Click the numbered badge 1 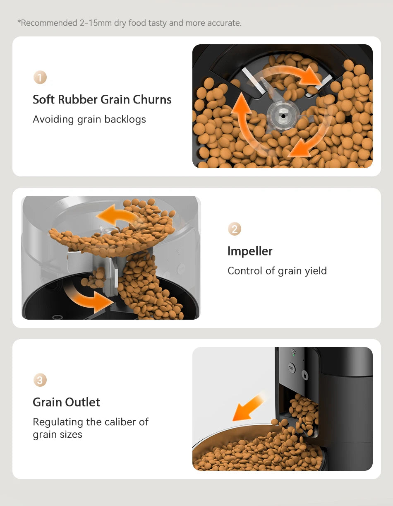pyautogui.click(x=40, y=77)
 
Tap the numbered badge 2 pyautogui.click(x=235, y=229)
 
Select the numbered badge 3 pyautogui.click(x=40, y=380)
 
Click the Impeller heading pyautogui.click(x=250, y=251)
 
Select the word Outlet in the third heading pyautogui.click(x=84, y=402)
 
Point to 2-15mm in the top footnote pyautogui.click(x=95, y=23)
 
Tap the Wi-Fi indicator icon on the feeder pyautogui.click(x=294, y=353)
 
